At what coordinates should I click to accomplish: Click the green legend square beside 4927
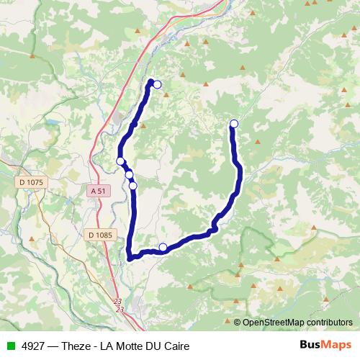pyautogui.click(x=11, y=346)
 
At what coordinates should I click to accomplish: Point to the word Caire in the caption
pyautogui.click(x=176, y=346)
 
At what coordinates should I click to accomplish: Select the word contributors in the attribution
pyautogui.click(x=329, y=322)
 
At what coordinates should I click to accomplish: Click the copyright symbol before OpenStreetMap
pyautogui.click(x=237, y=322)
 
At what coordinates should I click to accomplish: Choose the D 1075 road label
pyautogui.click(x=32, y=183)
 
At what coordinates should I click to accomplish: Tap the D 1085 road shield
pyautogui.click(x=99, y=235)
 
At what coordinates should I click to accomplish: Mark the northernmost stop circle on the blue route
pyautogui.click(x=157, y=85)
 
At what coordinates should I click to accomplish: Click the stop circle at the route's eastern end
pyautogui.click(x=233, y=124)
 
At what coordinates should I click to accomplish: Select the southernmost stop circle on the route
pyautogui.click(x=163, y=248)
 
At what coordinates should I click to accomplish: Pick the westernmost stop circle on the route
pyautogui.click(x=120, y=161)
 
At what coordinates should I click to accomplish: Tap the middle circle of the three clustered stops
pyautogui.click(x=129, y=174)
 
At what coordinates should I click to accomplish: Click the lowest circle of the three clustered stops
pyautogui.click(x=133, y=186)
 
